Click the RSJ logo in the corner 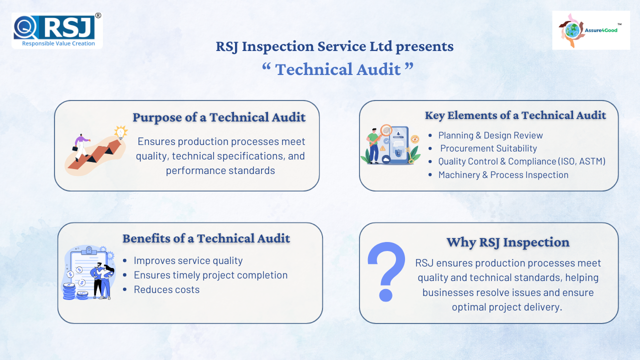pyautogui.click(x=57, y=30)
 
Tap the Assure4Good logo pyautogui.click(x=591, y=30)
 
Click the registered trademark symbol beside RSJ pyautogui.click(x=98, y=15)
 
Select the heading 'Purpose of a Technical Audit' pyautogui.click(x=219, y=117)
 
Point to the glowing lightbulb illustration pyautogui.click(x=121, y=132)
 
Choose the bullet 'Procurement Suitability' pyautogui.click(x=488, y=148)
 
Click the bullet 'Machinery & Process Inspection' pyautogui.click(x=503, y=175)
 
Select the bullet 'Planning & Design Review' pyautogui.click(x=490, y=135)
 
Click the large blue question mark pyautogui.click(x=386, y=271)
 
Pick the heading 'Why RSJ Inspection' pyautogui.click(x=507, y=242)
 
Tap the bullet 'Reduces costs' pyautogui.click(x=166, y=289)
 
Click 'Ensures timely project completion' pyautogui.click(x=210, y=275)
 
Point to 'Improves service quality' pyautogui.click(x=188, y=260)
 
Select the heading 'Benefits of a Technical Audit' pyautogui.click(x=206, y=238)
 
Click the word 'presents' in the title pyautogui.click(x=424, y=47)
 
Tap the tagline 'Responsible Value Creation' pyautogui.click(x=58, y=43)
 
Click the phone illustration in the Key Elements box pyautogui.click(x=398, y=145)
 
